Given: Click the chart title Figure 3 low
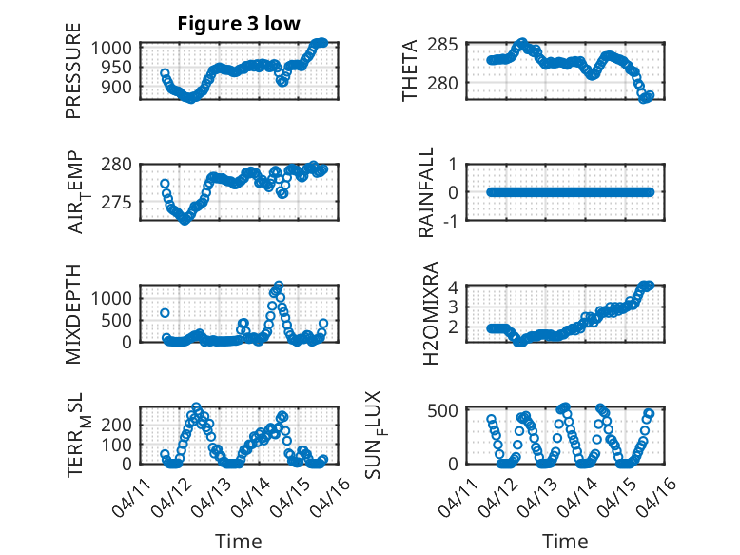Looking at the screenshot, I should coord(239,25).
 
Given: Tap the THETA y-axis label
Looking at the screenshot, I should coord(410,70).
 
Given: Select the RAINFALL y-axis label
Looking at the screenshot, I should coord(427,192).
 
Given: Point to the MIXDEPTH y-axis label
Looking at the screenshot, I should coord(73,313).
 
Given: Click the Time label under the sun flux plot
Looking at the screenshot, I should coord(565,542).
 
